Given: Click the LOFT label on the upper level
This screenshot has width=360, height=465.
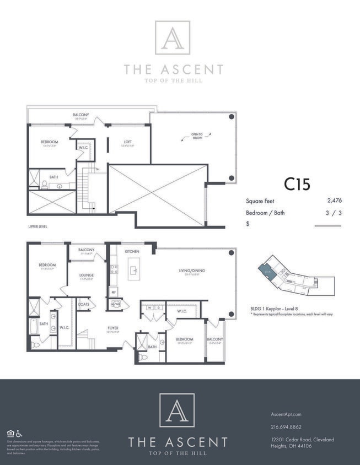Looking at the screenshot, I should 128,142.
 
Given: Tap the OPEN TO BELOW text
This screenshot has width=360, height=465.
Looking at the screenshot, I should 197,136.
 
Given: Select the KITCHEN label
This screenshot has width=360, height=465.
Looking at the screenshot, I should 132,251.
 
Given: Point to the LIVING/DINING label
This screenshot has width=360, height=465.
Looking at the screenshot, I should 192,271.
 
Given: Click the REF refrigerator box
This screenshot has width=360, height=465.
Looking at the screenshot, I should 114,292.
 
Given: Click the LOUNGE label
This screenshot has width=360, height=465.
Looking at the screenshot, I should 86,275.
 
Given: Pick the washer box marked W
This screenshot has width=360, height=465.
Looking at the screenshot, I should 149,308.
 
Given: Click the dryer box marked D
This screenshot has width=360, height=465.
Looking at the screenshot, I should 158,308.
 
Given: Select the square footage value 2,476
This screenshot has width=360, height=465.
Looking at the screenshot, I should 334,202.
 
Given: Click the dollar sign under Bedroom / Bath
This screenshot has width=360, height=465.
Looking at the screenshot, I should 248,224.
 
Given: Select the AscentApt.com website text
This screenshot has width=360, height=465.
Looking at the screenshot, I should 286,414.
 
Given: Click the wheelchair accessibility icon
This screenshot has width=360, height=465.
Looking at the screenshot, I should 19,433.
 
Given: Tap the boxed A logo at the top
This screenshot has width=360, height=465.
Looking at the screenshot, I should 173,37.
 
